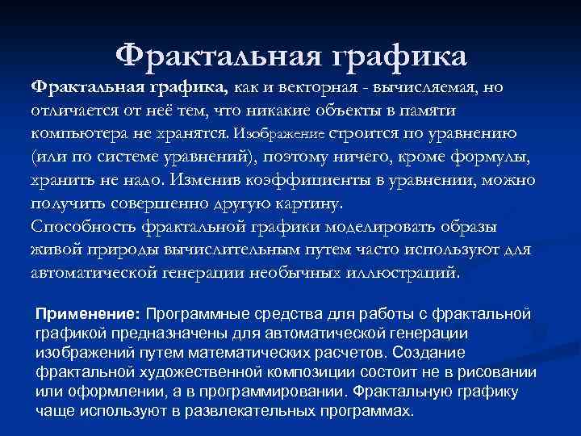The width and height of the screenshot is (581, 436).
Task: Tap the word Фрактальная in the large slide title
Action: (214, 55)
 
